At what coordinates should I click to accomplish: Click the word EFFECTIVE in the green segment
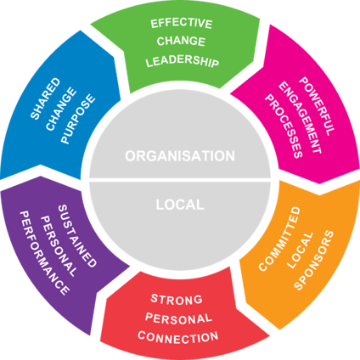tap(182, 24)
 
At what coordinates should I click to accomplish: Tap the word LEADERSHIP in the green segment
tap(183, 61)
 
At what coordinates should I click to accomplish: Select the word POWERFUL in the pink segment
tap(317, 106)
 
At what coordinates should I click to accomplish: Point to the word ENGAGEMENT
tap(300, 118)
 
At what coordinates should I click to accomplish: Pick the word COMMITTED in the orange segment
tap(279, 239)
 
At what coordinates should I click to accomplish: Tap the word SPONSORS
tap(313, 260)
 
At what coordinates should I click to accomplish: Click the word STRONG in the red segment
tap(177, 300)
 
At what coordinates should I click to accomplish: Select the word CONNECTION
tap(178, 337)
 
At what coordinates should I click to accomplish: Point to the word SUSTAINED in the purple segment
tap(77, 236)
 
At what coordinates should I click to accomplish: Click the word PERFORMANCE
tap(44, 253)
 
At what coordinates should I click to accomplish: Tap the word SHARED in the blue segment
tap(45, 98)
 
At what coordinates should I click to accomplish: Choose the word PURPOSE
tap(78, 119)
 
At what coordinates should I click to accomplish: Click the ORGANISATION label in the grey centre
tap(180, 156)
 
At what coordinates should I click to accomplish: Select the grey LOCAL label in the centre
tap(180, 205)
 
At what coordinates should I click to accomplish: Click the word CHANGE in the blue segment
tap(61, 110)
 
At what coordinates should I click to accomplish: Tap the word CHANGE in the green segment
tap(181, 42)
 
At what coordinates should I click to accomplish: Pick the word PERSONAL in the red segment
tap(178, 319)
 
